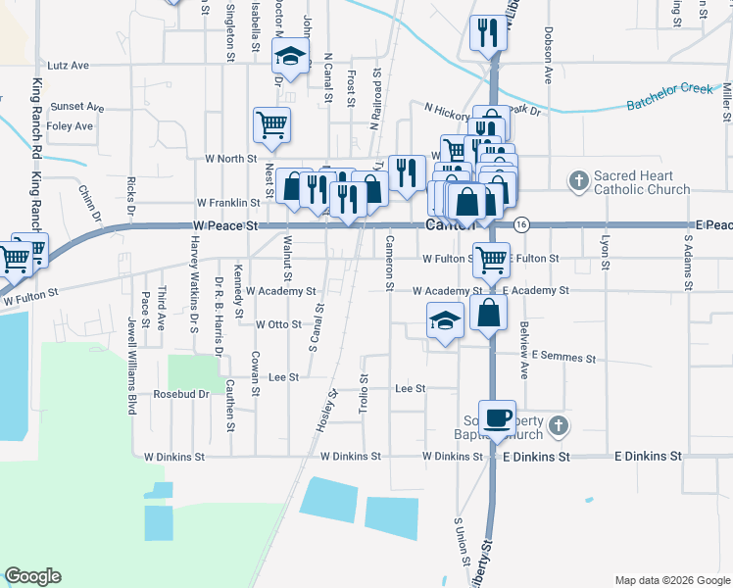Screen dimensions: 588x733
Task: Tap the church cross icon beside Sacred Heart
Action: (x=578, y=180)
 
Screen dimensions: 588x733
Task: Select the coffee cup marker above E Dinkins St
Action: (x=498, y=417)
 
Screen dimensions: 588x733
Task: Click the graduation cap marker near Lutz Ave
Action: (x=290, y=56)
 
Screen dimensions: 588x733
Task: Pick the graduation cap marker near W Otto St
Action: (x=445, y=320)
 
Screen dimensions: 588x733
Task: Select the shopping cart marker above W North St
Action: (x=271, y=124)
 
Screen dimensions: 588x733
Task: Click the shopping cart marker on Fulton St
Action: (x=491, y=260)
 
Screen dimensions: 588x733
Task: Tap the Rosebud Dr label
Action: (x=181, y=394)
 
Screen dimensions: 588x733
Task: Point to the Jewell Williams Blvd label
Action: (x=130, y=366)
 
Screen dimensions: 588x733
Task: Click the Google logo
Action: (x=32, y=576)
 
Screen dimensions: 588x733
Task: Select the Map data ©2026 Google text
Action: (x=672, y=579)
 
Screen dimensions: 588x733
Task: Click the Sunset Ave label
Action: (x=77, y=106)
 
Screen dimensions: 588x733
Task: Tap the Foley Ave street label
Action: (x=70, y=125)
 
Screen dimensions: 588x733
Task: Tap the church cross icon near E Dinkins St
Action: (x=558, y=426)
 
